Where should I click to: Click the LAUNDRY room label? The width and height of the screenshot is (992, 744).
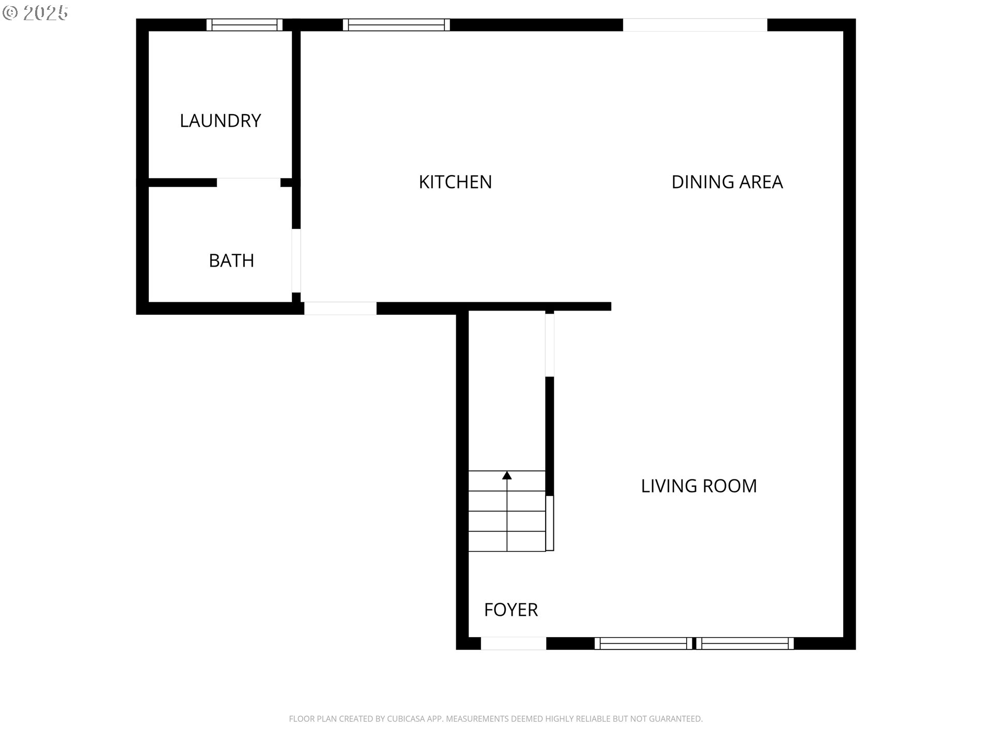point(220,120)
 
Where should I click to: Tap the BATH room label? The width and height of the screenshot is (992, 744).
point(231,260)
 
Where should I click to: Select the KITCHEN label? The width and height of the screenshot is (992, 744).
point(455,182)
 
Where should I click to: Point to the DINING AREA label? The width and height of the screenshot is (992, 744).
point(727,182)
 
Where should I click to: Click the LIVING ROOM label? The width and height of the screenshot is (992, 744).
point(699,486)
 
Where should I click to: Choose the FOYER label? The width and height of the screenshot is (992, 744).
point(511,610)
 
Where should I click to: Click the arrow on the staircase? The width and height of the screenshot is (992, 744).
point(507,512)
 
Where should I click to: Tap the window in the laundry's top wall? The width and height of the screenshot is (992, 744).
point(244,25)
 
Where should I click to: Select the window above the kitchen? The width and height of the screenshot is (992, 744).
point(396,25)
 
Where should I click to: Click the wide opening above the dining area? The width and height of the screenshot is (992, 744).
point(695,25)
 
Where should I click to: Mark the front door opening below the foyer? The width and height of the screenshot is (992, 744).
point(514,643)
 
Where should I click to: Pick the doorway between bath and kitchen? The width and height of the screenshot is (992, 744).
point(296,261)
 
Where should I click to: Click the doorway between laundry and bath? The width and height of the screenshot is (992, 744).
point(249,182)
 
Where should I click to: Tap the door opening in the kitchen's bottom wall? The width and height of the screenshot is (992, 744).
point(340,308)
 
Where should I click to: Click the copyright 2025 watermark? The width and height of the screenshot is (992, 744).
point(35,13)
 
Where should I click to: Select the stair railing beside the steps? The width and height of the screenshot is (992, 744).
point(550,523)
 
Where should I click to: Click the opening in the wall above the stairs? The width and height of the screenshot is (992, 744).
point(550,345)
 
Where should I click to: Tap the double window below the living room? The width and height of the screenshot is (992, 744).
point(694,643)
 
